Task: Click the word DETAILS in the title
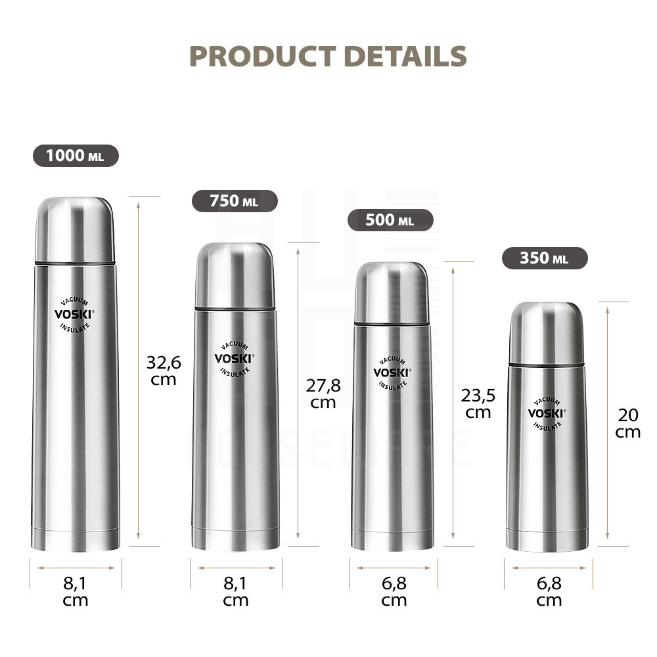(x=405, y=57)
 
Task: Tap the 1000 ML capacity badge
(x=76, y=156)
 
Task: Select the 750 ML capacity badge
(x=235, y=201)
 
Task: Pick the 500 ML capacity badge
(x=390, y=220)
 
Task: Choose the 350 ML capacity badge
(x=545, y=258)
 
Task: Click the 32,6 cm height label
(x=164, y=371)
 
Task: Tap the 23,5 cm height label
(x=478, y=403)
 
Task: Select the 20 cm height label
(x=628, y=422)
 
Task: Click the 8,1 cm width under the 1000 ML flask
(x=76, y=591)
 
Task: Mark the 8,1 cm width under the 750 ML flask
(x=236, y=591)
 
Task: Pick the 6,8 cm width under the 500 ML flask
(x=394, y=591)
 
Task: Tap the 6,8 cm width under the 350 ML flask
(x=549, y=591)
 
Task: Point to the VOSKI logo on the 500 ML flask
(x=392, y=373)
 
